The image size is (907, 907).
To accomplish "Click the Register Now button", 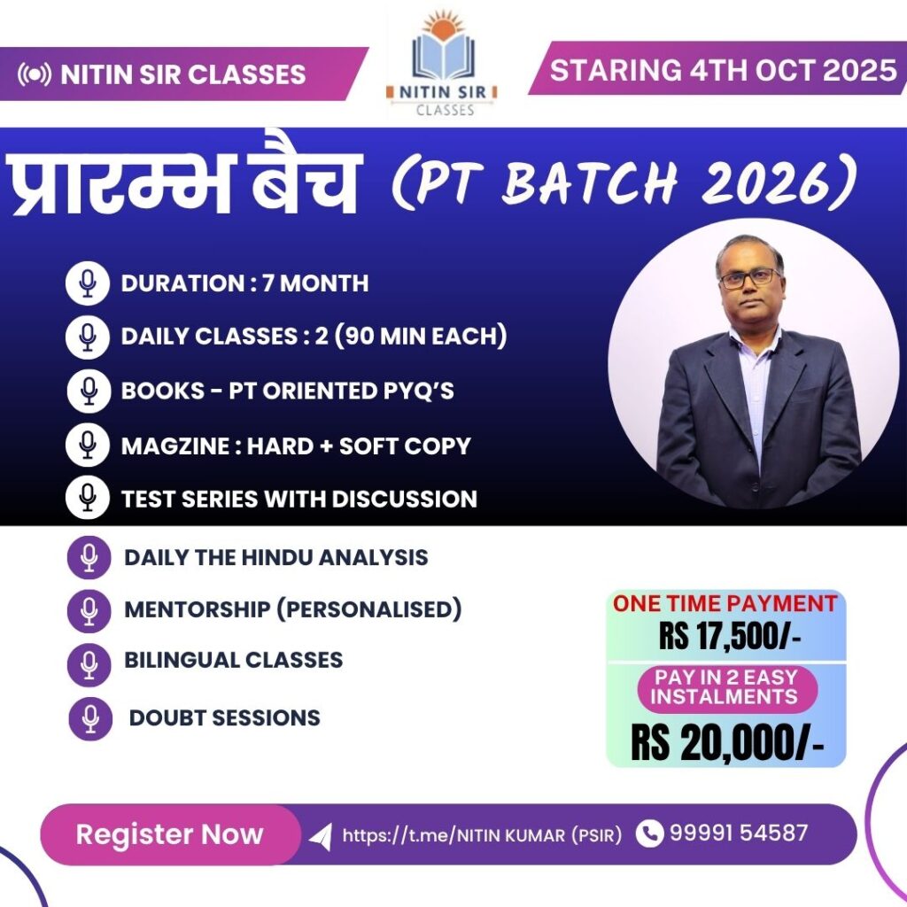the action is pyautogui.click(x=170, y=834).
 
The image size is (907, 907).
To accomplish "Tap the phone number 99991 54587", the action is pyautogui.click(x=739, y=833).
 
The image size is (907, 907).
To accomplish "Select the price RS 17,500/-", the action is pyautogui.click(x=730, y=637).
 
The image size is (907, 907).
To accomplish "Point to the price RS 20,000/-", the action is pyautogui.click(x=727, y=743).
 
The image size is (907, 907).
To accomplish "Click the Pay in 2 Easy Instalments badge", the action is pyautogui.click(x=727, y=687).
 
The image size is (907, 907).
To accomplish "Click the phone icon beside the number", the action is pyautogui.click(x=649, y=833).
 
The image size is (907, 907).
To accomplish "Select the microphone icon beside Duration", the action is pyautogui.click(x=88, y=283).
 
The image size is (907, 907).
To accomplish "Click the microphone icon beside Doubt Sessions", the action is pyautogui.click(x=90, y=718).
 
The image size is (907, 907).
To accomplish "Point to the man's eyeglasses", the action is pyautogui.click(x=749, y=279).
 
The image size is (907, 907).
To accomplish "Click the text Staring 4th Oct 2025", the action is pyautogui.click(x=723, y=71).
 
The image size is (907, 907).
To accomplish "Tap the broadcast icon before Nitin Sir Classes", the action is pyautogui.click(x=35, y=74).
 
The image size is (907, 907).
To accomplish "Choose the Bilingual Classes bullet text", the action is pyautogui.click(x=233, y=660).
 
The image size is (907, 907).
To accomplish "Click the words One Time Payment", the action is pyautogui.click(x=725, y=604).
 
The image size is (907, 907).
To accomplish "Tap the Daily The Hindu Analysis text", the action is pyautogui.click(x=276, y=558).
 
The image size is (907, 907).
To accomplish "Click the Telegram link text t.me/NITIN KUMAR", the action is pyautogui.click(x=482, y=835).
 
